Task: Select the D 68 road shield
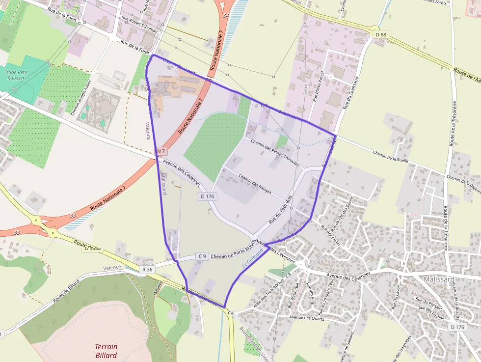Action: pyautogui.click(x=381, y=34)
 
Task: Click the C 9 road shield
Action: pyautogui.click(x=202, y=256)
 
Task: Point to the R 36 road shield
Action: pyautogui.click(x=147, y=269)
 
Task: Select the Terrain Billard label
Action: pyautogui.click(x=106, y=351)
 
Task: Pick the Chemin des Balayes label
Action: pyautogui.click(x=255, y=183)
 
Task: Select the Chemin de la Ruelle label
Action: pyautogui.click(x=391, y=155)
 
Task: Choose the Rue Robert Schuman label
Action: pyautogui.click(x=140, y=24)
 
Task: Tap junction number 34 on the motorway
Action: pyautogui.click(x=226, y=16)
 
